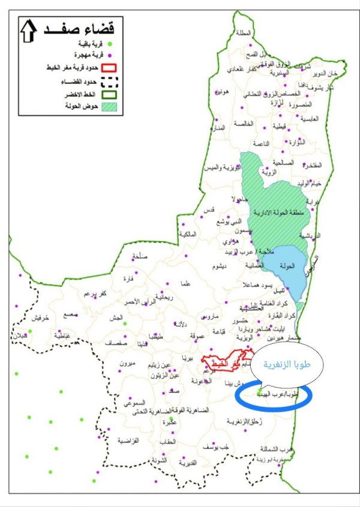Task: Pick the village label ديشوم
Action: pyautogui.click(x=217, y=266)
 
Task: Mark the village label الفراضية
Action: pyautogui.click(x=128, y=440)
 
